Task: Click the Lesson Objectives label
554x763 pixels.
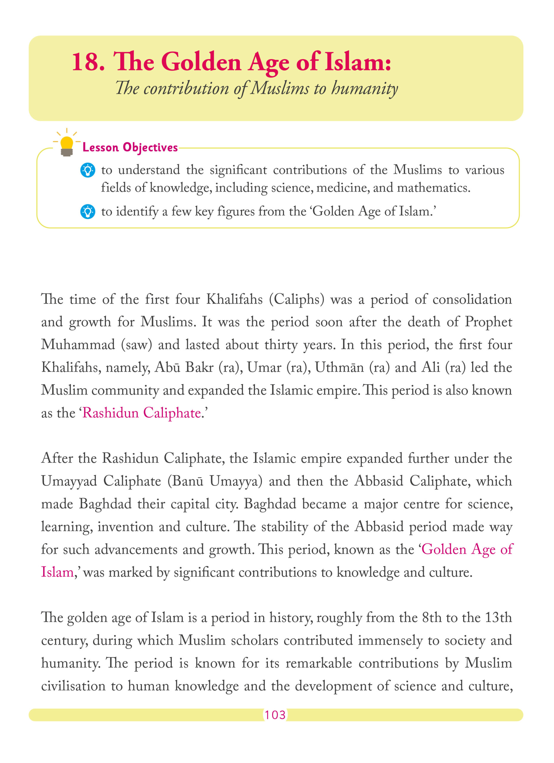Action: pyautogui.click(x=130, y=147)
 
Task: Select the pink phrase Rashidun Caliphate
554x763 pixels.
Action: pyautogui.click(x=142, y=413)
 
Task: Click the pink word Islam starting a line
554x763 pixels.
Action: pyautogui.click(x=57, y=572)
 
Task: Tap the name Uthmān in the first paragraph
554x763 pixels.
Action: pyautogui.click(x=339, y=367)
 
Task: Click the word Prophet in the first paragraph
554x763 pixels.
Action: pyautogui.click(x=488, y=322)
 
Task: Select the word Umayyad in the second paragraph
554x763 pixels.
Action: pyautogui.click(x=69, y=481)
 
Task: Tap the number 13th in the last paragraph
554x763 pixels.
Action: pyautogui.click(x=499, y=618)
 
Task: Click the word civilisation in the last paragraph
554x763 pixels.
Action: pyautogui.click(x=73, y=686)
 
